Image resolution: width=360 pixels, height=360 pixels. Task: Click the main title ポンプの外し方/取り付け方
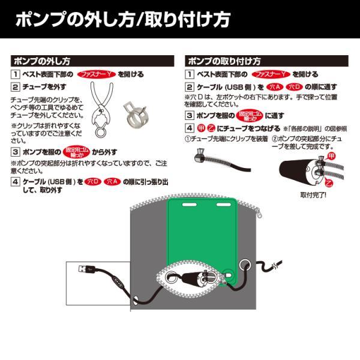pos(122,19)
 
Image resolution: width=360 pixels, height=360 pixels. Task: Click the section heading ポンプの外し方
pos(42,61)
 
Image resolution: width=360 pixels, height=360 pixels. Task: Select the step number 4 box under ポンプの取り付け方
pos(189,128)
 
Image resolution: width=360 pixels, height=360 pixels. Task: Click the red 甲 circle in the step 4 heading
pos(202,128)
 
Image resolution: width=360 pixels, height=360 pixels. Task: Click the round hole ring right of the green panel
pos(245,266)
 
